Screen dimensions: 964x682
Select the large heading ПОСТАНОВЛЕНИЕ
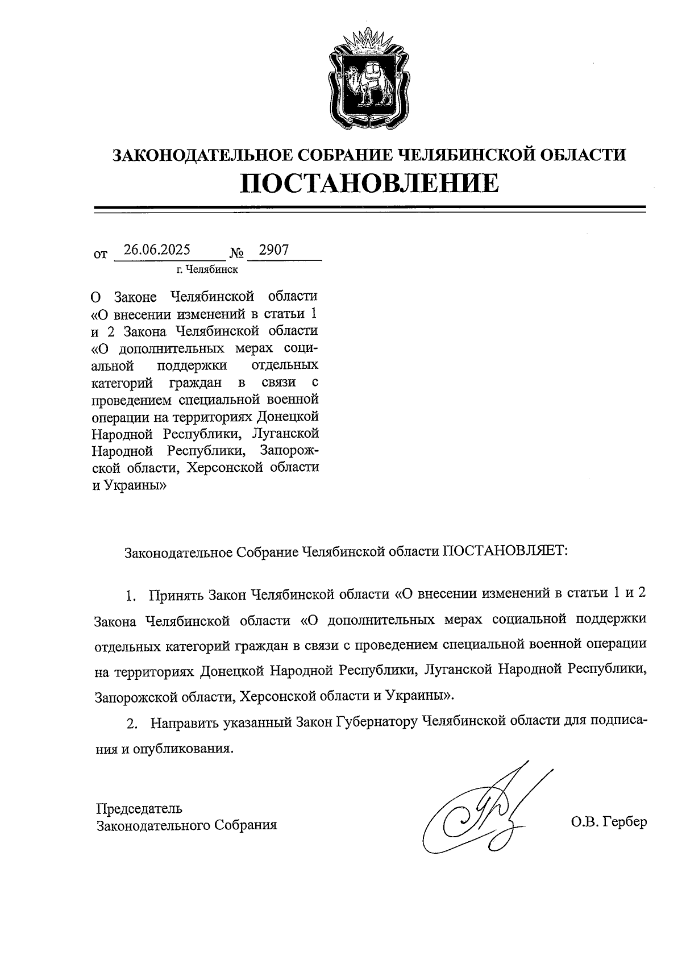tap(369, 183)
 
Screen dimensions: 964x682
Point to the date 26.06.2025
tap(157, 250)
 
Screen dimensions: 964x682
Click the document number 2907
tap(274, 250)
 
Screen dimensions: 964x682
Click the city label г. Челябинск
tap(207, 269)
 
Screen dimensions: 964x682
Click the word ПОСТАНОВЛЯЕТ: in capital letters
tap(505, 551)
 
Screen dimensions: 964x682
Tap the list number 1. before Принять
tap(131, 596)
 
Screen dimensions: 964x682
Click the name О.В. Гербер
tap(609, 822)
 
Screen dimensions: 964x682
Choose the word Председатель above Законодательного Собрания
tap(139, 808)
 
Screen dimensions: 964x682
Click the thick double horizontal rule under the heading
tap(369, 210)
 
